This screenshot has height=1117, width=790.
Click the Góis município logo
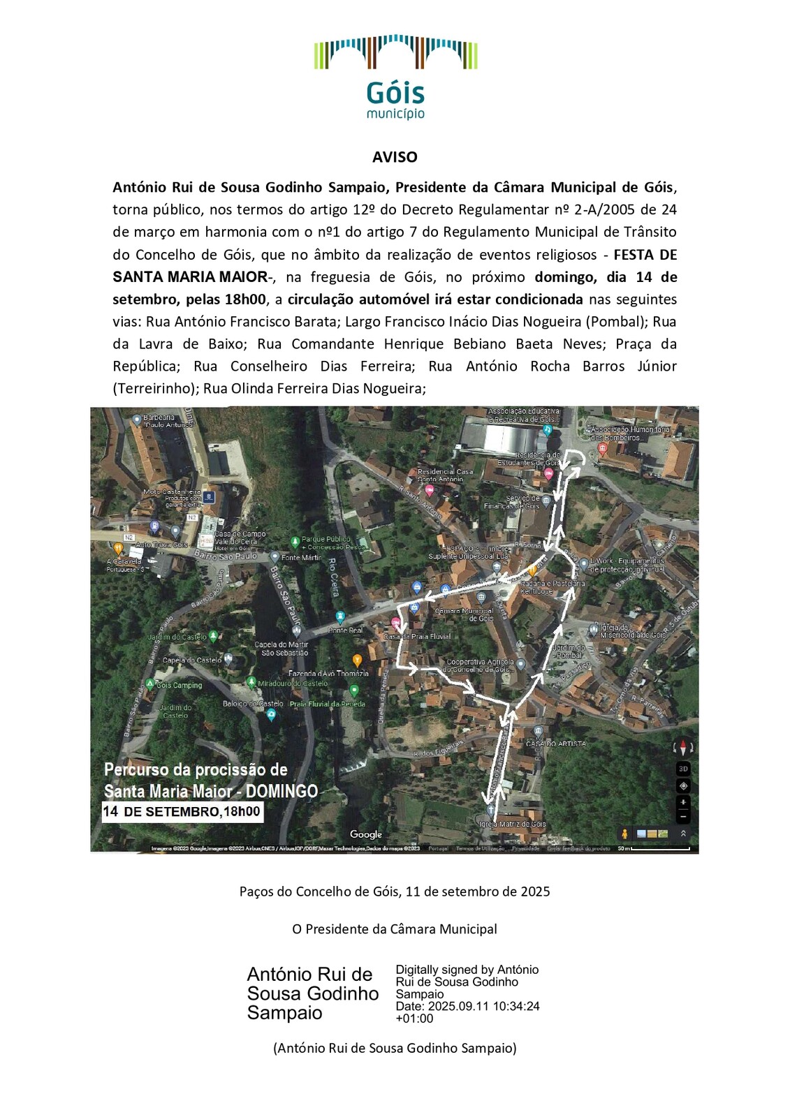(x=395, y=77)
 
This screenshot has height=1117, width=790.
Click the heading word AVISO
(x=395, y=157)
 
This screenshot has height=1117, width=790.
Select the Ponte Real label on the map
(x=346, y=630)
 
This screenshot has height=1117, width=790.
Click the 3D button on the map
(x=683, y=769)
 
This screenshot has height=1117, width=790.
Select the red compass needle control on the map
(x=683, y=748)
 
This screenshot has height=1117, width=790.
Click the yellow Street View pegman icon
(x=624, y=834)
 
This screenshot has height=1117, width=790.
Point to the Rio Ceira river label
(x=333, y=577)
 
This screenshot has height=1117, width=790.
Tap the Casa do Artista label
(x=556, y=744)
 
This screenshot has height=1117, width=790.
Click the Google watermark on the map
(x=366, y=834)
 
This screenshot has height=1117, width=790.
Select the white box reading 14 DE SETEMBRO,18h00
(x=182, y=811)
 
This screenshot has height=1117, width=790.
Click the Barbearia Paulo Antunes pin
(x=137, y=420)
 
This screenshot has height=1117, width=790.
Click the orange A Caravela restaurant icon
(x=118, y=549)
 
